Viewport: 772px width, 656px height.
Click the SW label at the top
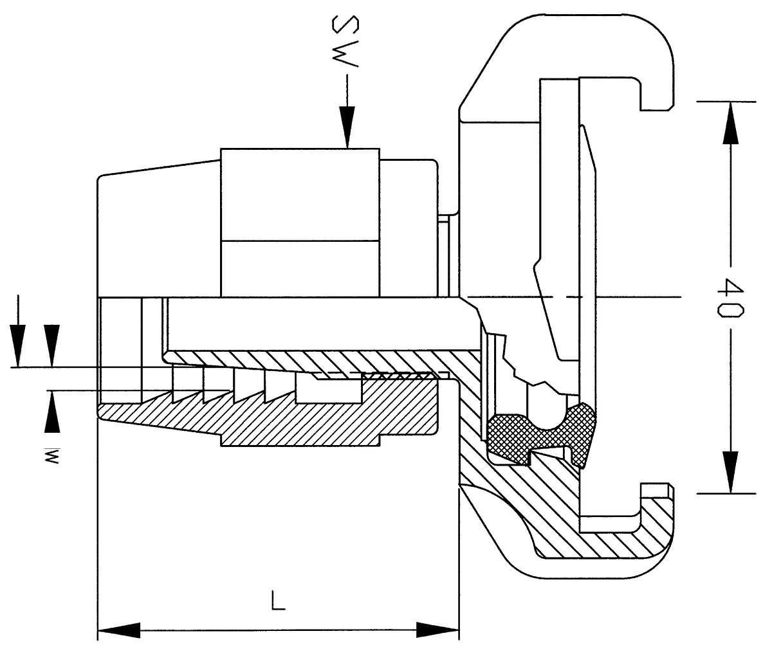pos(346,41)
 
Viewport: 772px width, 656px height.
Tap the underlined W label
pos(52,456)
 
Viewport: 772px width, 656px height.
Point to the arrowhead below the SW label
pos(347,127)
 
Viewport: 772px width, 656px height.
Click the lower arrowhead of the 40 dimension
pos(731,472)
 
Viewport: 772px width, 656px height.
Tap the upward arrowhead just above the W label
pos(52,412)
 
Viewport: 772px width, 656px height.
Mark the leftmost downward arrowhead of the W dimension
pos(17,346)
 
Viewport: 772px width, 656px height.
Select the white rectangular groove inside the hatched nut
pos(329,391)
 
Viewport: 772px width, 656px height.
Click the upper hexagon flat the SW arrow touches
pos(300,194)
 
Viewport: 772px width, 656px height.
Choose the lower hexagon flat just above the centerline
pos(300,269)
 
